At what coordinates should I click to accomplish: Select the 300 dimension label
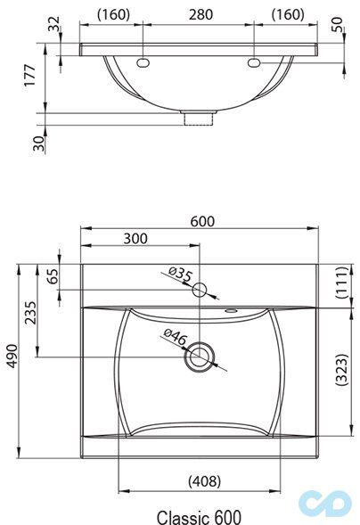(135, 239)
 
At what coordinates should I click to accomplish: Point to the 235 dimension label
(32, 316)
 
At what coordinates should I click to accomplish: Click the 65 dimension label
(53, 277)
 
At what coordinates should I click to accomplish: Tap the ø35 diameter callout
(179, 276)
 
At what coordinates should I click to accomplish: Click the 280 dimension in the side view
(200, 14)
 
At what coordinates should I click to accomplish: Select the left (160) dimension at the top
(113, 14)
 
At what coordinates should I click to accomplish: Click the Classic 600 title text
(199, 515)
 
